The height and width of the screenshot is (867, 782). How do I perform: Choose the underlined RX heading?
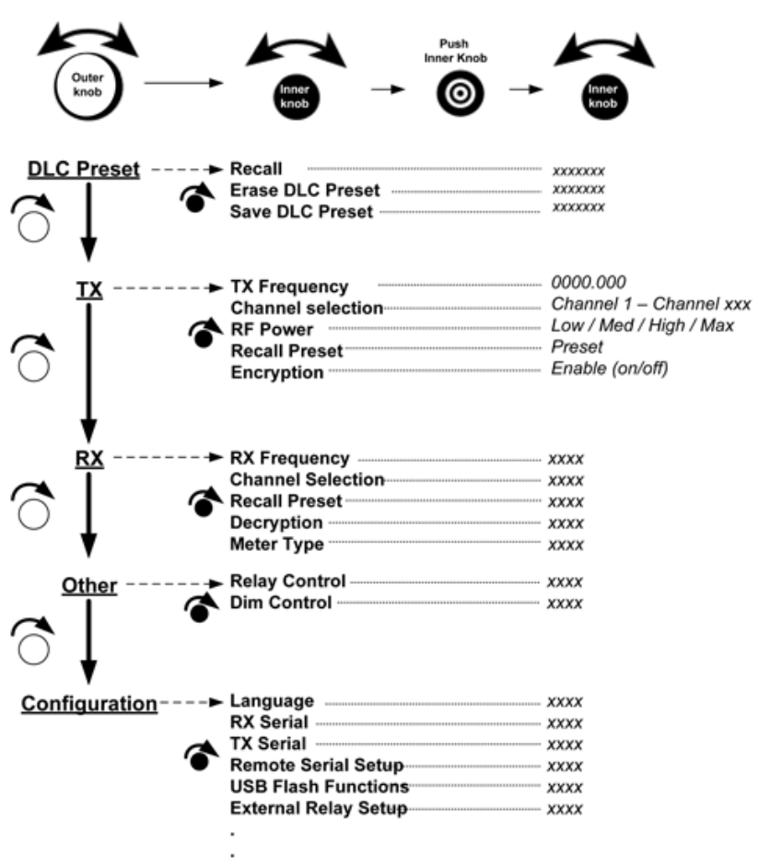(x=89, y=458)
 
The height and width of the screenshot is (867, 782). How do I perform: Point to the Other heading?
(x=89, y=585)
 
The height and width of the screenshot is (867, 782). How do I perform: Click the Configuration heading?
(x=89, y=704)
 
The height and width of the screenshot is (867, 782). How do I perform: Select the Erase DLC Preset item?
(x=304, y=191)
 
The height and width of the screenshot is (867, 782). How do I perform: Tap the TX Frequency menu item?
(x=290, y=287)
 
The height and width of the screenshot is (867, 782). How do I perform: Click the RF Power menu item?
(x=273, y=329)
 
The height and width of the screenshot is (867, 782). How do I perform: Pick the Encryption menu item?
(x=277, y=372)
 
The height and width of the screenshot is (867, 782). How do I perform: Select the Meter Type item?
(x=277, y=545)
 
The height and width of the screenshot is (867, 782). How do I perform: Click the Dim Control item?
(x=281, y=603)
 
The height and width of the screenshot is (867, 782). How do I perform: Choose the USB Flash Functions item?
(x=320, y=788)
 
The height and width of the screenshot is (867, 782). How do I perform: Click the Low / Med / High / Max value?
(x=642, y=326)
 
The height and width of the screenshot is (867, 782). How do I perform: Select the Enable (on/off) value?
(x=609, y=369)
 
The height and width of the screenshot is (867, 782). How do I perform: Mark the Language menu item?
(x=273, y=702)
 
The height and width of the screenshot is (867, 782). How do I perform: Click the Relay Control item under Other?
(x=288, y=581)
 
